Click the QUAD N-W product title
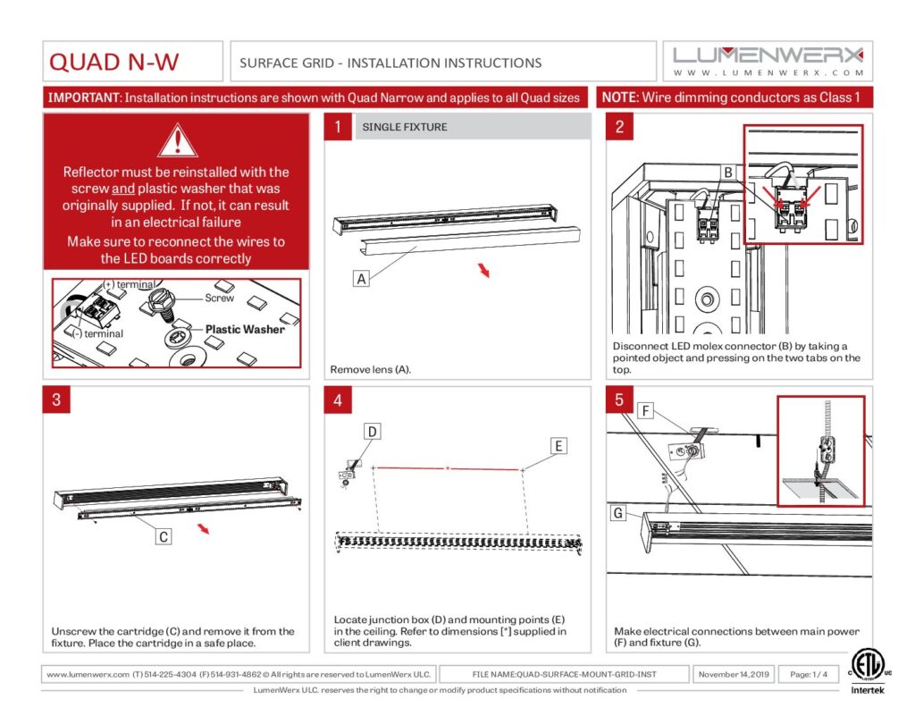[x=113, y=62]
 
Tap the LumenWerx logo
[x=768, y=61]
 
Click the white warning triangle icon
[x=178, y=140]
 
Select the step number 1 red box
[x=338, y=127]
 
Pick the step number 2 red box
[x=619, y=127]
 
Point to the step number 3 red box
[x=56, y=400]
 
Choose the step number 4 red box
[x=338, y=400]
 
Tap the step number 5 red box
[x=619, y=400]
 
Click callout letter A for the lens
[x=362, y=279]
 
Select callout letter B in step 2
[x=728, y=173]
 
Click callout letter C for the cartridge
[x=164, y=536]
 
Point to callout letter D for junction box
[x=373, y=432]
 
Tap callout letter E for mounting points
[x=558, y=446]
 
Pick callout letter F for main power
[x=645, y=410]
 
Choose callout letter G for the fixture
[x=618, y=512]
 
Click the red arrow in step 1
[x=483, y=270]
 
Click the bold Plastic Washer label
[x=245, y=329]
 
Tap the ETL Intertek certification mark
[x=868, y=672]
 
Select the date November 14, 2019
[x=735, y=674]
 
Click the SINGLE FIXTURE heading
[x=405, y=127]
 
